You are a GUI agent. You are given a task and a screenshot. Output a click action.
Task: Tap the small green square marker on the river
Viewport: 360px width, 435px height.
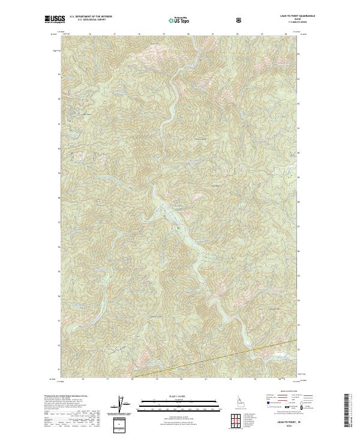[178, 228]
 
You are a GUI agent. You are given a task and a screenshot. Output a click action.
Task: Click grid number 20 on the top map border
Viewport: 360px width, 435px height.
[188, 34]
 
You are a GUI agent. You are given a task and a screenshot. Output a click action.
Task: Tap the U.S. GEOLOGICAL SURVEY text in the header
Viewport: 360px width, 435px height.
[86, 21]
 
